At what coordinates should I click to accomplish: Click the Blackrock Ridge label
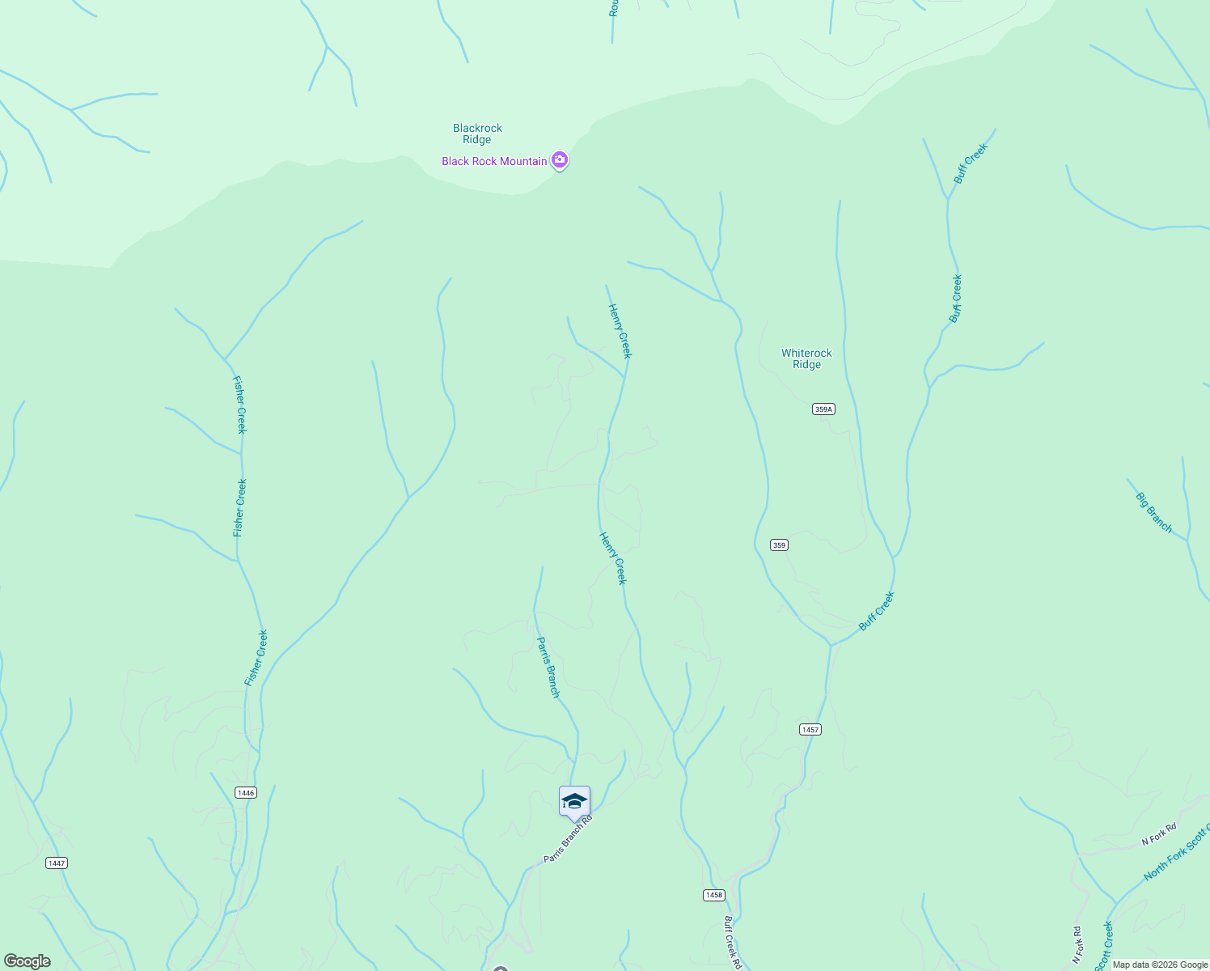click(477, 134)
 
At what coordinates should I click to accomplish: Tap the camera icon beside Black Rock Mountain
click(559, 160)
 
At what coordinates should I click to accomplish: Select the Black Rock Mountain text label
click(494, 161)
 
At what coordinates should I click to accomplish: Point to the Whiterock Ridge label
click(806, 358)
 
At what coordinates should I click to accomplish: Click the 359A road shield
click(823, 409)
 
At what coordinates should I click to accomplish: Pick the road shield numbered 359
click(779, 545)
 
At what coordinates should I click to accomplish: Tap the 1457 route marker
click(810, 730)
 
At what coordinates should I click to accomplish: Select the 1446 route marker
click(246, 792)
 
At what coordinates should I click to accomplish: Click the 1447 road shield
click(56, 863)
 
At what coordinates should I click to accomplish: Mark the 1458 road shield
click(713, 895)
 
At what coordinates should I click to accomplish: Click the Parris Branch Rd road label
click(568, 838)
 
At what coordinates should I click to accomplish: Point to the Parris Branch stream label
click(548, 667)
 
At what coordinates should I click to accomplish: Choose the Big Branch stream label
click(1154, 512)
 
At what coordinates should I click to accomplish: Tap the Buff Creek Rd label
click(732, 942)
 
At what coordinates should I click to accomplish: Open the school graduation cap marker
click(574, 802)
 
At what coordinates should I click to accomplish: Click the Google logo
click(27, 961)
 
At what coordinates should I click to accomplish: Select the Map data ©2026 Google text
click(1160, 965)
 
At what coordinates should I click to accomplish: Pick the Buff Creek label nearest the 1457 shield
click(877, 611)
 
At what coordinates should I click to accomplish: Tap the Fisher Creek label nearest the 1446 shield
click(256, 658)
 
